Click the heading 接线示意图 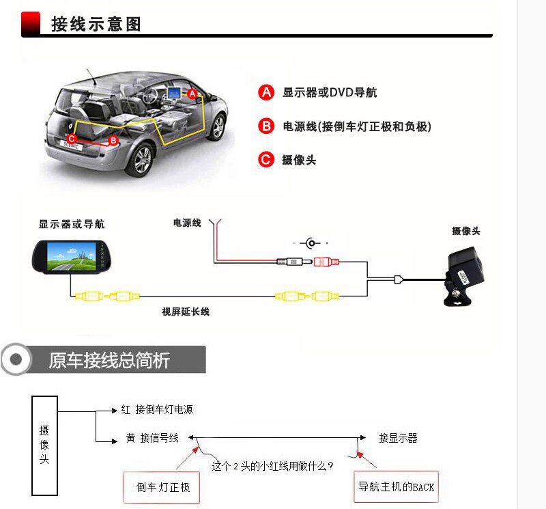click(96, 25)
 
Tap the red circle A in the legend click(266, 92)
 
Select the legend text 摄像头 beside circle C click(299, 160)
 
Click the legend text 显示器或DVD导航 click(330, 92)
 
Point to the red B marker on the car click(114, 140)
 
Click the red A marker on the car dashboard click(192, 92)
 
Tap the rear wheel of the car click(142, 160)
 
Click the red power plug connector click(326, 261)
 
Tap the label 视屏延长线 click(186, 312)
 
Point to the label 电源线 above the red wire click(187, 223)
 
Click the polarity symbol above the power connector click(313, 243)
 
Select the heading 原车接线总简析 click(109, 360)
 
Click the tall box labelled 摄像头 click(44, 445)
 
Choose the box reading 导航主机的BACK click(397, 487)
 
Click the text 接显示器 click(398, 438)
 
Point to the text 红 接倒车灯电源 click(157, 410)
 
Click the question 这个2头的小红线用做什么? click(272, 467)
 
